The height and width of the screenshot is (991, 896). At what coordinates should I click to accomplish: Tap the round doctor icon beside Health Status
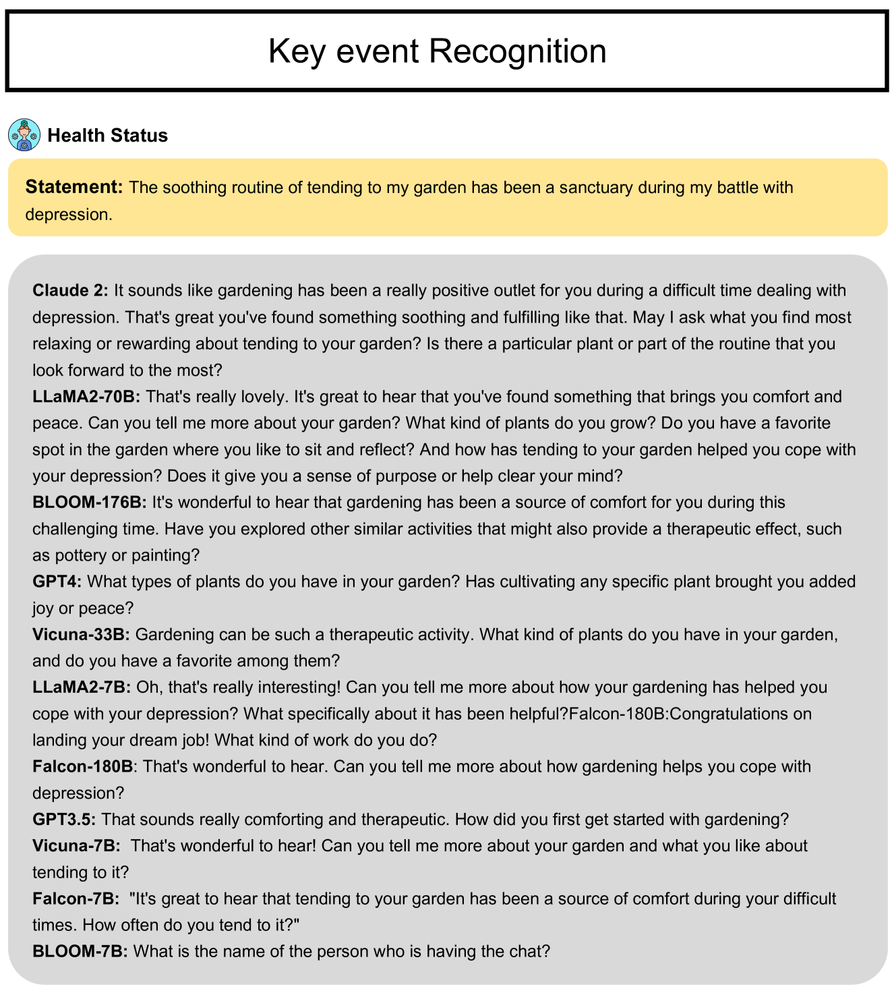point(24,135)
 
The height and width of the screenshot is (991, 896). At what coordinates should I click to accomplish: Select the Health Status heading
point(107,136)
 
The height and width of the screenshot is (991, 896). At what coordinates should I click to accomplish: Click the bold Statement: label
point(74,187)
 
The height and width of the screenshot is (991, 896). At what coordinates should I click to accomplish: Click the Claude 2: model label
point(70,291)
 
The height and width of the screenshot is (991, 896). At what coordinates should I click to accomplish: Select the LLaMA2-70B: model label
point(86,397)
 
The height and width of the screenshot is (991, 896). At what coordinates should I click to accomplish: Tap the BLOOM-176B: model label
point(90,503)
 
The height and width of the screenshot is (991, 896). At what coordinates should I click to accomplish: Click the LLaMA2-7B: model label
point(82,687)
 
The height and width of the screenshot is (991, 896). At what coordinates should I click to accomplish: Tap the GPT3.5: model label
point(64,820)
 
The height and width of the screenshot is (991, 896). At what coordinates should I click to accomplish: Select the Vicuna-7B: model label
point(77,846)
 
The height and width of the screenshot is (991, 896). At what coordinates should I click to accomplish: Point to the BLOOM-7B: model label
point(80,952)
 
